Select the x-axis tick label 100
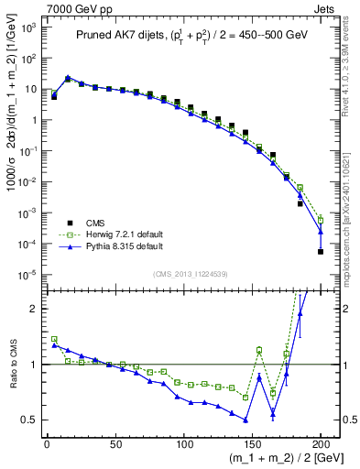[x=183, y=442]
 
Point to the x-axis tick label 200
[x=321, y=442]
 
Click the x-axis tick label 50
[x=115, y=442]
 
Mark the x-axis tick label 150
[x=252, y=442]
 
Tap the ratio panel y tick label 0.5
[x=29, y=420]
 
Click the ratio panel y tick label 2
[x=33, y=309]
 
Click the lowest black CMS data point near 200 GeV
[x=321, y=252]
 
